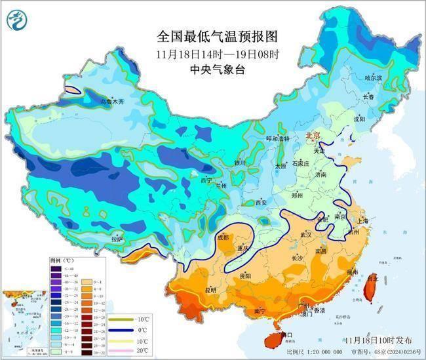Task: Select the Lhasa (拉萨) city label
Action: point(117,239)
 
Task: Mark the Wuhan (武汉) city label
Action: point(305,234)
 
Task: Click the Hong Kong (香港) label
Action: point(319,310)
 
